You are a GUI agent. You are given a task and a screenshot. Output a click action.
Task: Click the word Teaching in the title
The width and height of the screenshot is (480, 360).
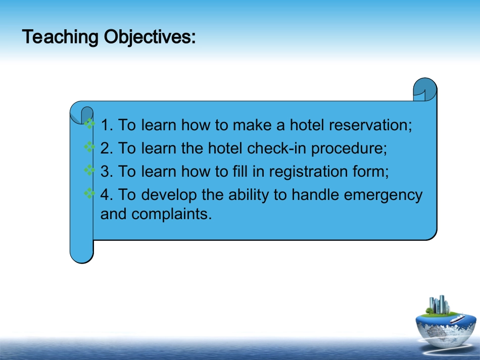click(60, 37)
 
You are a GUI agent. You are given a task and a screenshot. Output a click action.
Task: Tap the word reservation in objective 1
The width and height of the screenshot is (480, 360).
click(370, 125)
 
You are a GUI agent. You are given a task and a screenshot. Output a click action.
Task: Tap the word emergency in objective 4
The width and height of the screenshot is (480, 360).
click(383, 195)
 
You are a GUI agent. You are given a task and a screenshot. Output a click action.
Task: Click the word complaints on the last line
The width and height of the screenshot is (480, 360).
click(171, 214)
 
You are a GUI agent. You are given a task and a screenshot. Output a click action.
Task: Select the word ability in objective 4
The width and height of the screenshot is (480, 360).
click(249, 195)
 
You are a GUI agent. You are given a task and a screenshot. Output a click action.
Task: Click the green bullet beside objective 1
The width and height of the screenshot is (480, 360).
click(89, 124)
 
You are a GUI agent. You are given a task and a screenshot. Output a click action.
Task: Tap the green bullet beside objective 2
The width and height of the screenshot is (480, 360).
click(89, 147)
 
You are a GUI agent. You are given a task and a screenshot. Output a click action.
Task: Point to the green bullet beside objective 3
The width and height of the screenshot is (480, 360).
click(89, 170)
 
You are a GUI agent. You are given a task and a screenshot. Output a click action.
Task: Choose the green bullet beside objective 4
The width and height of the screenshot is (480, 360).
click(89, 193)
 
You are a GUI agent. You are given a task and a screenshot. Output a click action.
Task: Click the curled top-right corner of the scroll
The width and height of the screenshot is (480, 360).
click(425, 89)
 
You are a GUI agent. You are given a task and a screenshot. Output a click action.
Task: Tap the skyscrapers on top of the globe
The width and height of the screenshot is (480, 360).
click(439, 304)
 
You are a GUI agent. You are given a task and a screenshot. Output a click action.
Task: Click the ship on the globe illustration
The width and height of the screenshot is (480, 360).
click(457, 319)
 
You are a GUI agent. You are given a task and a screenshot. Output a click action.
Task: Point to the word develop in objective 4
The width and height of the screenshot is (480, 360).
click(169, 195)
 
